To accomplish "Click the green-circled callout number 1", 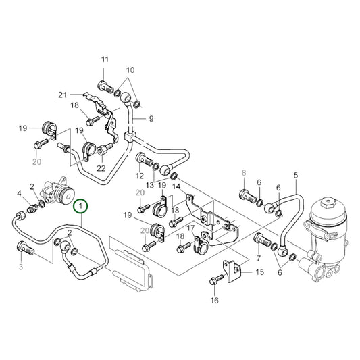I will point(81,205).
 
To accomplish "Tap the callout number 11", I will point(105,61).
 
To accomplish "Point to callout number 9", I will point(151,119).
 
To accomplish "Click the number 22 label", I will point(101,168).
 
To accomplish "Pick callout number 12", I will point(139,176).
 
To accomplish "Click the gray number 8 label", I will point(245,173).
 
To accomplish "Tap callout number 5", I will point(295,176).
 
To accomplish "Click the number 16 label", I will point(214,300).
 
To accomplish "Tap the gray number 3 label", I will point(20,267).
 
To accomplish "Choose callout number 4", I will point(20,195).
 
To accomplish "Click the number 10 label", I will point(130,70).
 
